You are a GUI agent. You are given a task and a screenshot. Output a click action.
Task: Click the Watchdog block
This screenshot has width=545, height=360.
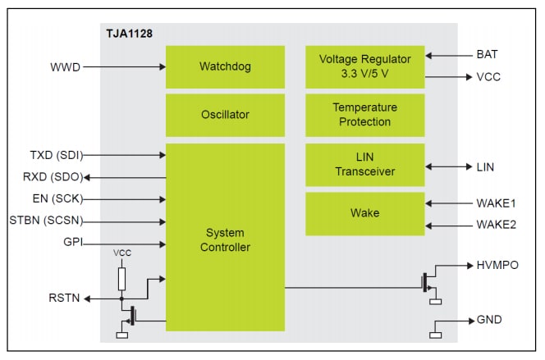[225, 66]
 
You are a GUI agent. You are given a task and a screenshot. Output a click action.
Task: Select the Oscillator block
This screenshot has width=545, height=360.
[225, 115]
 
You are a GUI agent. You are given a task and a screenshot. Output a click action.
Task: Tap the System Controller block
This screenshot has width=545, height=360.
[225, 238]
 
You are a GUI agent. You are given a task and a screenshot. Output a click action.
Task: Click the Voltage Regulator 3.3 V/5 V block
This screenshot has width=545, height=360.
[364, 66]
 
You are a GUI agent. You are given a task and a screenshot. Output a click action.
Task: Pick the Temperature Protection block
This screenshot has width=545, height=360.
[364, 115]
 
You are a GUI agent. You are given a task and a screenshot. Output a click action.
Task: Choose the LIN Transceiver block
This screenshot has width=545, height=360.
[364, 165]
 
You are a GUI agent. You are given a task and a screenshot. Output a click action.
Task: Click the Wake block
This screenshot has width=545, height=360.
[364, 213]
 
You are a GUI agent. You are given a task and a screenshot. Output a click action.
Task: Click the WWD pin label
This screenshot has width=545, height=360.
[66, 66]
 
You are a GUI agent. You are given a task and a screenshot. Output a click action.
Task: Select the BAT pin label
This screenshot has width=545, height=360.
[486, 56]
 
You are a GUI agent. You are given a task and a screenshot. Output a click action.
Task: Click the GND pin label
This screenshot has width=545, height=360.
[489, 319]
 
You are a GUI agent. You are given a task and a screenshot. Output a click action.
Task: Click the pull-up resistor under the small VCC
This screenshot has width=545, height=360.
[121, 279]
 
